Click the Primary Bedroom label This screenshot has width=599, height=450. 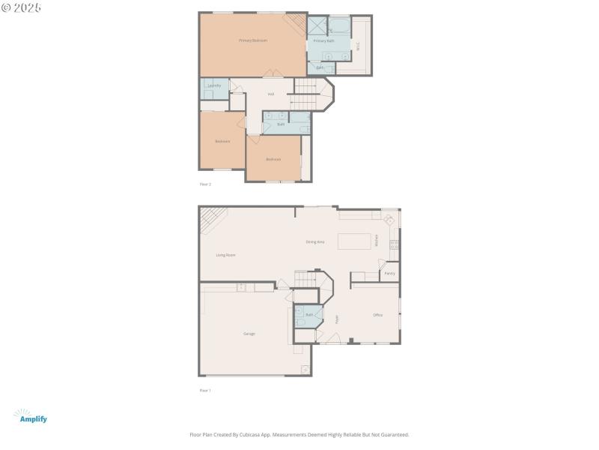(253, 40)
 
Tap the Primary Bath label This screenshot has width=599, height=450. (324, 40)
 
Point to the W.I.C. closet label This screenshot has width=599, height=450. (358, 45)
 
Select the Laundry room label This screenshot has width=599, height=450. (214, 85)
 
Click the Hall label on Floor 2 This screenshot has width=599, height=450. (270, 94)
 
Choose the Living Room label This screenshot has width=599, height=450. (226, 255)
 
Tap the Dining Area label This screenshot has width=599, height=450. (315, 241)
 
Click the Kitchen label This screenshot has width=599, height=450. (377, 241)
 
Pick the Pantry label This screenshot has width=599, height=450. (389, 273)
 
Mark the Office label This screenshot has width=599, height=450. (378, 315)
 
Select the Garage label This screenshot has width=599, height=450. (249, 333)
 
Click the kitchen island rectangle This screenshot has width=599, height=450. (353, 241)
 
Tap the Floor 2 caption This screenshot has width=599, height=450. (205, 184)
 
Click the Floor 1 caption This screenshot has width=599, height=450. (205, 391)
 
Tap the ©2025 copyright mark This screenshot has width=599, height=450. (22, 7)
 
